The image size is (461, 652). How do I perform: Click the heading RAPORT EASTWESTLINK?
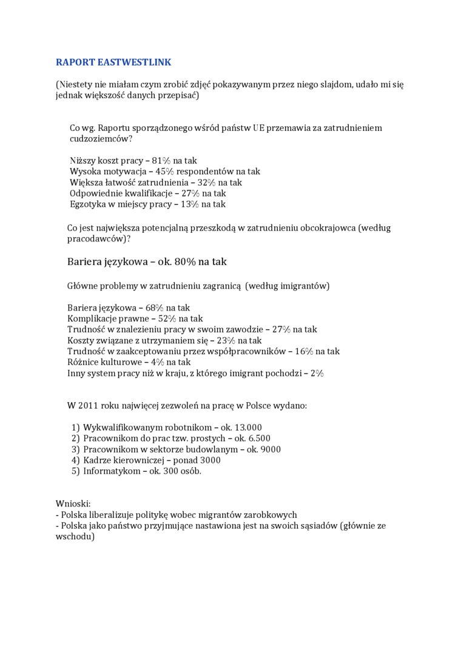click(x=113, y=62)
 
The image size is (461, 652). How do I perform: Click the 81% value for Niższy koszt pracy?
click(x=161, y=161)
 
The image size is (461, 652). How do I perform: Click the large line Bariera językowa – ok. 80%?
click(x=147, y=261)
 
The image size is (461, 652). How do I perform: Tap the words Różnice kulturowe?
click(x=101, y=362)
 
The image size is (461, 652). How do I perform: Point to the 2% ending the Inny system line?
click(x=317, y=373)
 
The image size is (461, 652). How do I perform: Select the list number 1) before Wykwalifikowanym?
click(x=76, y=427)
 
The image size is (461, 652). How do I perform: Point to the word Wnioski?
click(x=73, y=503)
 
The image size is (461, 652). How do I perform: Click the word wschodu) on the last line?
click(x=75, y=536)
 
